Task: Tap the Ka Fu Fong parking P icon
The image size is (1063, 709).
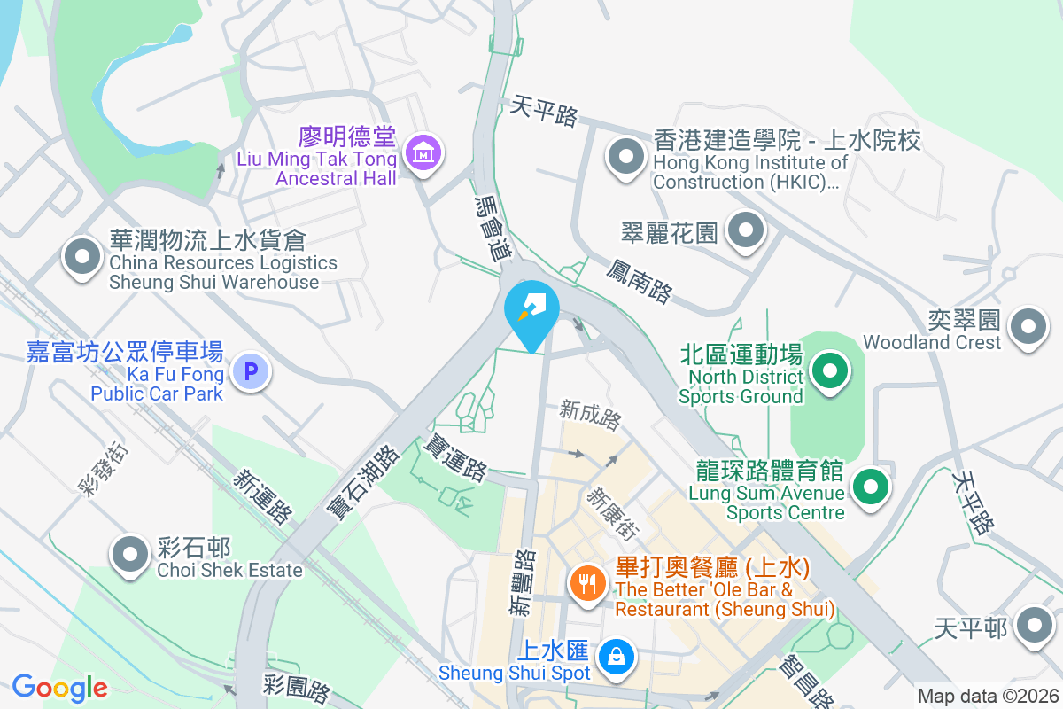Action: [x=251, y=372]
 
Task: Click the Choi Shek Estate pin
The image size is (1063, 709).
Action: [x=131, y=555]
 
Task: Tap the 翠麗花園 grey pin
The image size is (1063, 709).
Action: [x=746, y=230]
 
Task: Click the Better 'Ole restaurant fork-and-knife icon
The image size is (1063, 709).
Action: [x=586, y=583]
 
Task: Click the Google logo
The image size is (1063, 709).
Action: [x=59, y=688]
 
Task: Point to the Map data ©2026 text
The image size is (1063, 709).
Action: [x=987, y=697]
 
